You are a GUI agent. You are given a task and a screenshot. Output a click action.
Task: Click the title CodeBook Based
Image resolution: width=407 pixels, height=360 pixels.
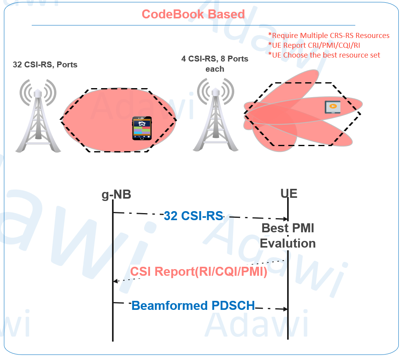point(193,14)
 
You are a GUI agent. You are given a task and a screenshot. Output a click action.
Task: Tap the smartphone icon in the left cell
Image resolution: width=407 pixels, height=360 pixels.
point(141,128)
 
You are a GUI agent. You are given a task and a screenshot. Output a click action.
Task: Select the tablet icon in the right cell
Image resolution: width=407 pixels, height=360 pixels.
point(333,107)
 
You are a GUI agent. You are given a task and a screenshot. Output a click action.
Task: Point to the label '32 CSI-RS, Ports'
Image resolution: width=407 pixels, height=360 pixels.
point(45,65)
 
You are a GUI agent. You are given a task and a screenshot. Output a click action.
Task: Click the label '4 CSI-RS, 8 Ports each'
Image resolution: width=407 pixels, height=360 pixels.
point(215,64)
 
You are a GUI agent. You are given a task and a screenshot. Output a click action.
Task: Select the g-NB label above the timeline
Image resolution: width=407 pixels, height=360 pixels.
point(116,194)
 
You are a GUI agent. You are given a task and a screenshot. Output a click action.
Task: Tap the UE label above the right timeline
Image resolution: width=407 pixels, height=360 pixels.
point(289,193)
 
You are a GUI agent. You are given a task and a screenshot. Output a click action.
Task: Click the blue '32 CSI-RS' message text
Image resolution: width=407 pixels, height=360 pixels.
point(194,216)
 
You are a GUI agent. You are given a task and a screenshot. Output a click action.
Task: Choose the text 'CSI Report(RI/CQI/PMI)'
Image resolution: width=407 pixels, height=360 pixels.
point(199,271)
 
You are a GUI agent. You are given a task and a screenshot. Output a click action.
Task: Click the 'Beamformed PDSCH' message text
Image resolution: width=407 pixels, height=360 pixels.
point(193,305)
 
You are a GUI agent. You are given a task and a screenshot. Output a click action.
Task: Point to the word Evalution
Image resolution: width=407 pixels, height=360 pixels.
point(288,243)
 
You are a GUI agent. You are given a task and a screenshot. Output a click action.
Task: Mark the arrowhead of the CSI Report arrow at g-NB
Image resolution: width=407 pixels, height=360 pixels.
point(115,281)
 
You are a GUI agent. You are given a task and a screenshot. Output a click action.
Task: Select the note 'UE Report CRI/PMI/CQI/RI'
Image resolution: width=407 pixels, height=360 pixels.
point(314,45)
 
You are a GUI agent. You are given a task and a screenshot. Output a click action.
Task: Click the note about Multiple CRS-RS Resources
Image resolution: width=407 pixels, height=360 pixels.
point(329,36)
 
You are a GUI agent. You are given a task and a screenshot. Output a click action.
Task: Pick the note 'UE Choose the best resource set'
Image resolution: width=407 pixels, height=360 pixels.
point(324,55)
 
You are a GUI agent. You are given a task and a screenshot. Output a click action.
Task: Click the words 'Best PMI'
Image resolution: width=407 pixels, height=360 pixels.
point(288,228)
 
